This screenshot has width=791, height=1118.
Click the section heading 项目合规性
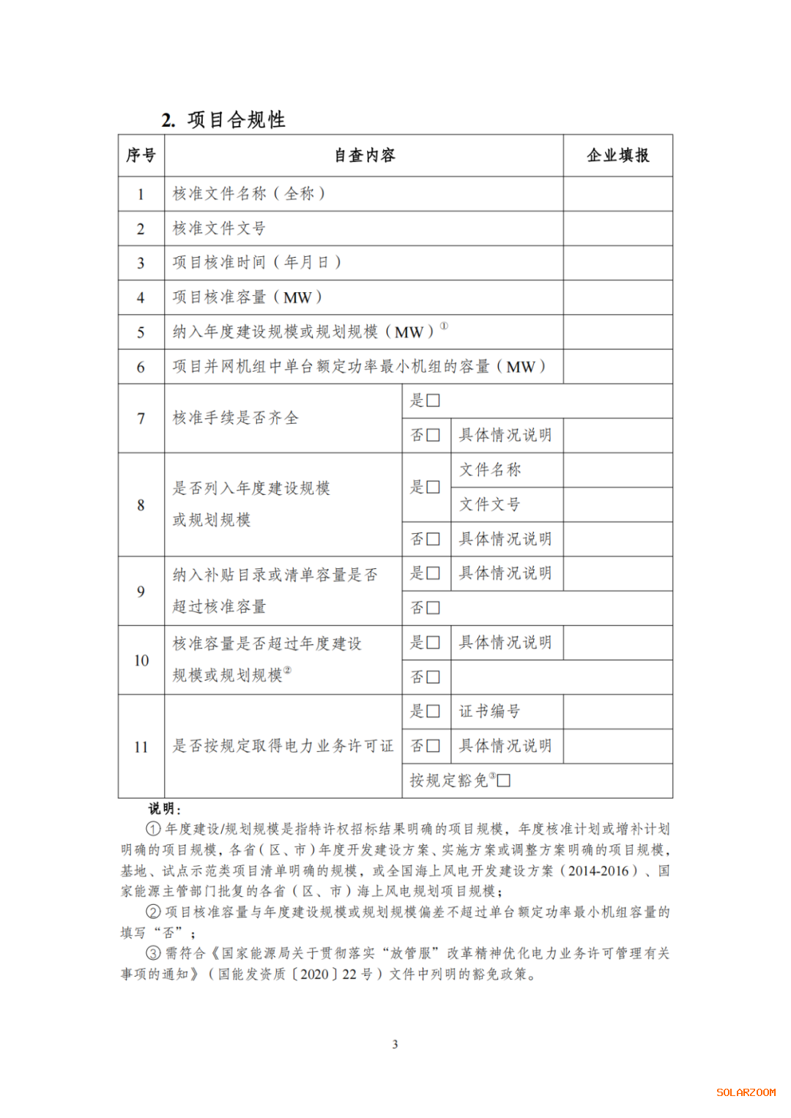[x=236, y=119]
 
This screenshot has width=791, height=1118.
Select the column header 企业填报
[x=617, y=155]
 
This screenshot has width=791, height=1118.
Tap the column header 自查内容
[x=364, y=155]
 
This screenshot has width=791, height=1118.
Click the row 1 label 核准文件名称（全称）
[x=249, y=194]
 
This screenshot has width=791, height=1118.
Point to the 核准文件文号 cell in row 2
[x=219, y=228]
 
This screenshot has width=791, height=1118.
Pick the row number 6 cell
[x=141, y=367]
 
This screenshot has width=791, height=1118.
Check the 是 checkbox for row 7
[x=433, y=400]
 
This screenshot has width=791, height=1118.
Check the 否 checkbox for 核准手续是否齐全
[x=433, y=435]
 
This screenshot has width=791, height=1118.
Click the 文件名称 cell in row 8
[x=490, y=469]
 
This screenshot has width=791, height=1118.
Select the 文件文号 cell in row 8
[x=490, y=504]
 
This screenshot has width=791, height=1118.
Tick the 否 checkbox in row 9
[x=433, y=608]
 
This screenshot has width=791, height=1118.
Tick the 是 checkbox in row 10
[x=433, y=642]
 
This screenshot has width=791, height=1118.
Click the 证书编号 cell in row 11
[x=490, y=711]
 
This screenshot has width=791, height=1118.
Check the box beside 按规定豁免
[x=504, y=780]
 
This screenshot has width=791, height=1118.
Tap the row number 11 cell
[x=141, y=747]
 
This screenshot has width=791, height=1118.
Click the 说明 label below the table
[x=164, y=808]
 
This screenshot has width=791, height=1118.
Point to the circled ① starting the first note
[x=153, y=829]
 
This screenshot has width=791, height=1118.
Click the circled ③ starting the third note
[x=153, y=953]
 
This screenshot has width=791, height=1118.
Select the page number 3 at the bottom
[x=395, y=1044]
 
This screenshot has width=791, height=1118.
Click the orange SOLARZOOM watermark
[x=746, y=1092]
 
